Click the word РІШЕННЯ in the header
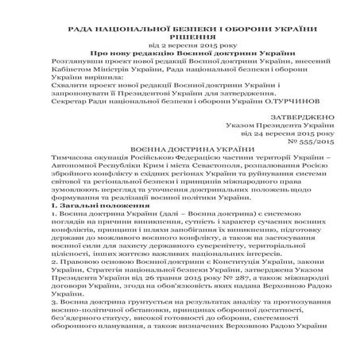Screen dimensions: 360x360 [180, 36]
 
